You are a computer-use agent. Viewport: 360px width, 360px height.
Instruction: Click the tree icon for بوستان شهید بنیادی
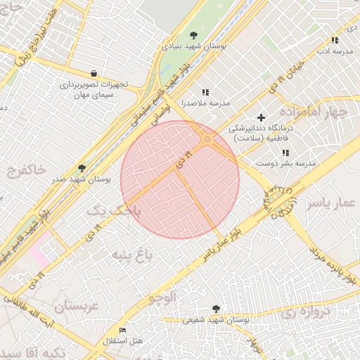coord(195,36)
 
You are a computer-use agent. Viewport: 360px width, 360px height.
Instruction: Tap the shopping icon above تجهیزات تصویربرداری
coord(94,73)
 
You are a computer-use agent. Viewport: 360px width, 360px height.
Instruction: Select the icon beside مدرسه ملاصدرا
coord(205,92)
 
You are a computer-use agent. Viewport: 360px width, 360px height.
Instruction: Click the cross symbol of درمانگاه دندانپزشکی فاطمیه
coord(262,117)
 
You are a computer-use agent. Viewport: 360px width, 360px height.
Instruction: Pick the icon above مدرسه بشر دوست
coord(285,153)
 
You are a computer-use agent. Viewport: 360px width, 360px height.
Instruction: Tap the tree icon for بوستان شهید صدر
coord(82,169)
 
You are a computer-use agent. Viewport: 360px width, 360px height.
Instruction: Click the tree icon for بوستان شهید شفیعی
coord(215,309)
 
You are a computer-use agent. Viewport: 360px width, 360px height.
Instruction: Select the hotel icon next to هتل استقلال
coord(123,330)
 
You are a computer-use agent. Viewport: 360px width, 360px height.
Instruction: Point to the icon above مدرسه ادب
coord(335,41)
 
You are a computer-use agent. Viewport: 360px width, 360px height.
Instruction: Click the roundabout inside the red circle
coord(207,141)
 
